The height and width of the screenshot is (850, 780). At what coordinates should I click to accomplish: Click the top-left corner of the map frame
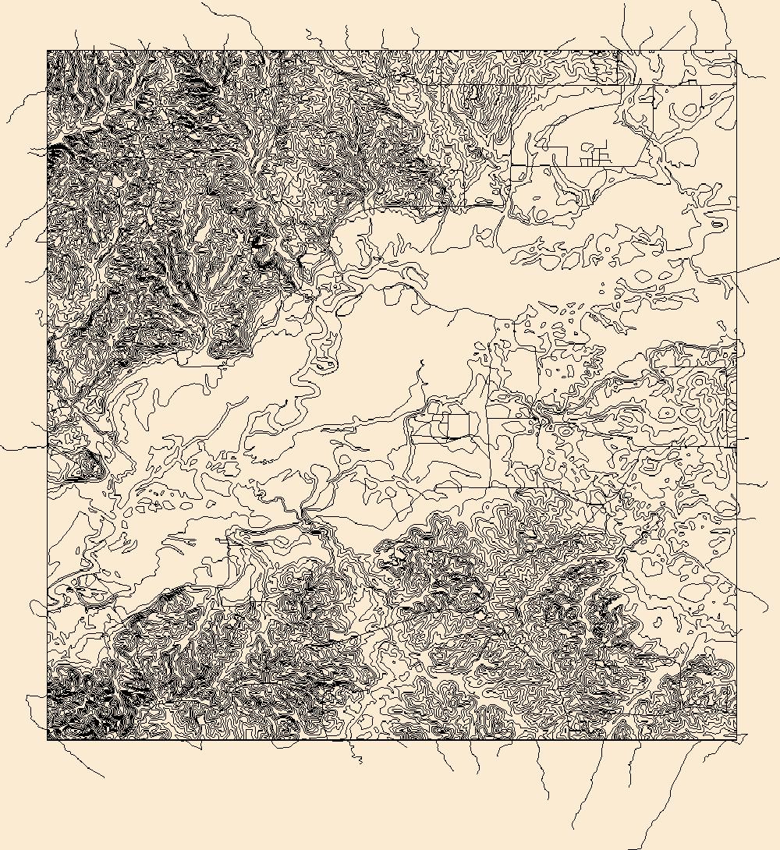(48, 51)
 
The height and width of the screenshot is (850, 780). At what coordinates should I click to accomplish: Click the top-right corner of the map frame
(736, 51)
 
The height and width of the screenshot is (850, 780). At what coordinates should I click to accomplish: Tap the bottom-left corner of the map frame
(48, 739)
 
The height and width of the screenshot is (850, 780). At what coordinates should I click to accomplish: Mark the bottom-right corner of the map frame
(736, 739)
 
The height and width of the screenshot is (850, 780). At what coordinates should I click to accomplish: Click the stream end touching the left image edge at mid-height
(2, 448)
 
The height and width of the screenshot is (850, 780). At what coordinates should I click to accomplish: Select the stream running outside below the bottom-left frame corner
(78, 760)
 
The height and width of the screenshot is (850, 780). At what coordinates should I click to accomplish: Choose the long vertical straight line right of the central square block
(490, 437)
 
